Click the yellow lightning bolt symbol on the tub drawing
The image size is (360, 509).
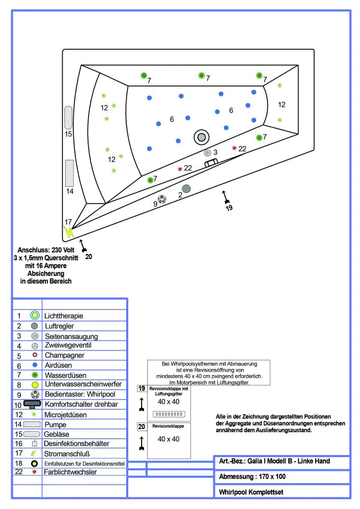coord(68,232)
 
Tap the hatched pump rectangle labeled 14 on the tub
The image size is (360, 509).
coord(70,173)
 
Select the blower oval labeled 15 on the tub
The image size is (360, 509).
coord(68,118)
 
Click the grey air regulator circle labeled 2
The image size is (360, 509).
coord(186,189)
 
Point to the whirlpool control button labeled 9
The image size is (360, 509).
coord(162,200)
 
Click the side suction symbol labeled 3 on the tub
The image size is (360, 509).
coord(207,153)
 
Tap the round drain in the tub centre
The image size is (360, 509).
coord(202,136)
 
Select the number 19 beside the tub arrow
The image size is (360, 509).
coord(229,208)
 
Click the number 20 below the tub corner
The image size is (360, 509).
coord(89,257)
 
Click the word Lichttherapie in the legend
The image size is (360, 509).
coord(64,316)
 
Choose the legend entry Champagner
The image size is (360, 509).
coord(64,355)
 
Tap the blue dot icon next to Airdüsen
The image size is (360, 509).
coord(35,365)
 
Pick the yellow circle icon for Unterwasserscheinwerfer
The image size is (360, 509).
coord(35,385)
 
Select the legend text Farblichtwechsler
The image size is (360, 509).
coord(71,472)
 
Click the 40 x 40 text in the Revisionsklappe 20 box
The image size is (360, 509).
coord(168,439)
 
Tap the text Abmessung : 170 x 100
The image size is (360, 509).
coord(253,477)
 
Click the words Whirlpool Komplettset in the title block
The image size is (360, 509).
coord(251,492)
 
